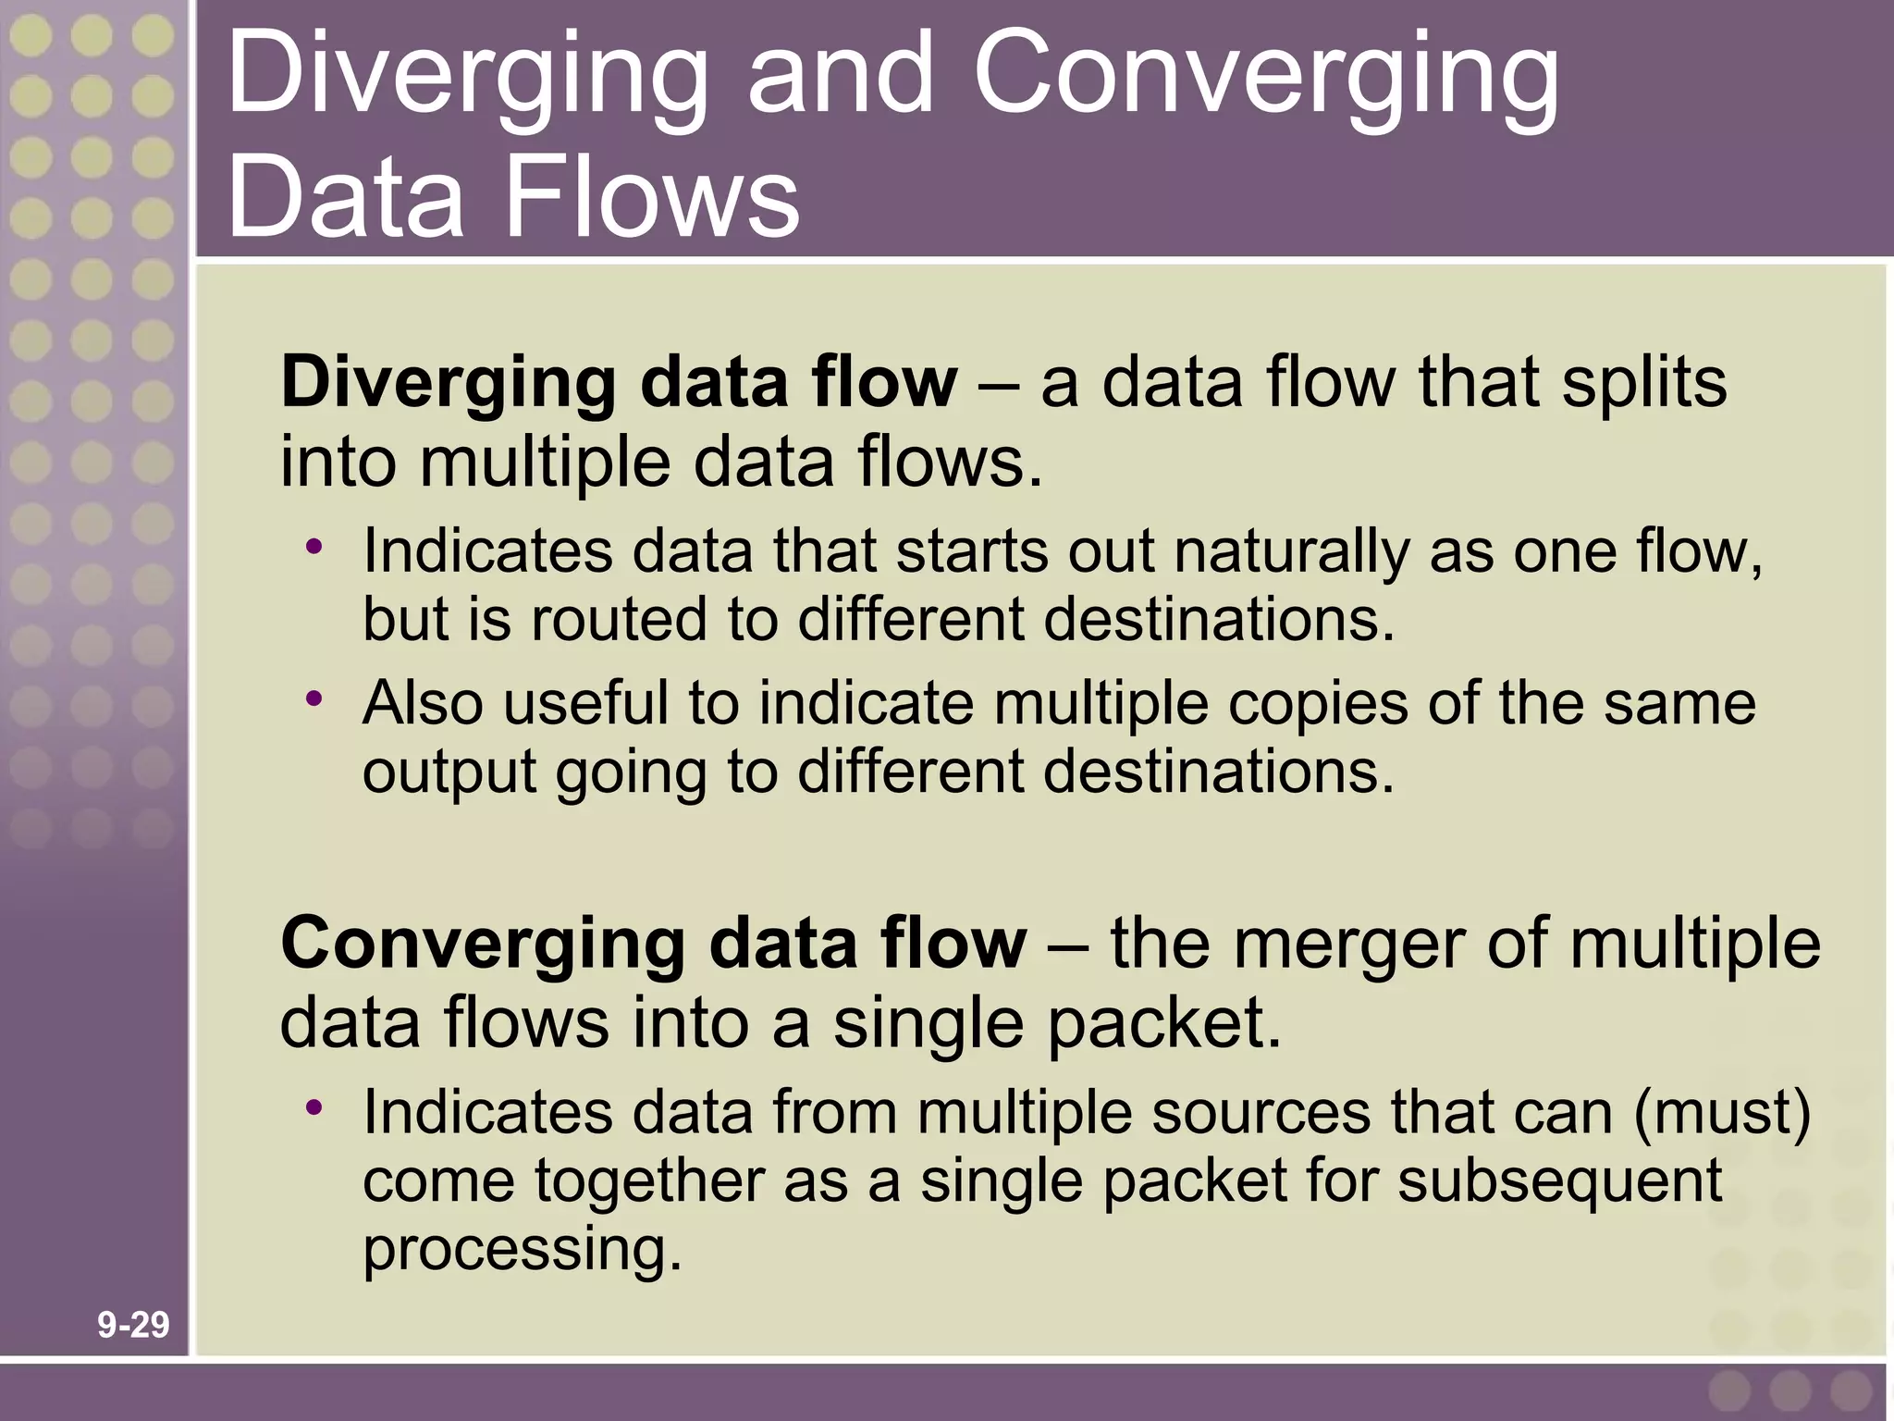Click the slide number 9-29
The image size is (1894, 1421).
[133, 1325]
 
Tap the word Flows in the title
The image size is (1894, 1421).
[652, 197]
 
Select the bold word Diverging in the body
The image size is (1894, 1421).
[448, 383]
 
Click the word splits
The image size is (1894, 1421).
[1643, 383]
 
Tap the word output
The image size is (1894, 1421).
[449, 773]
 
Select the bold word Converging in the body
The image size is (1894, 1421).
[482, 945]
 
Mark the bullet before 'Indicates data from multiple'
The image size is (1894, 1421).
[315, 1106]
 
